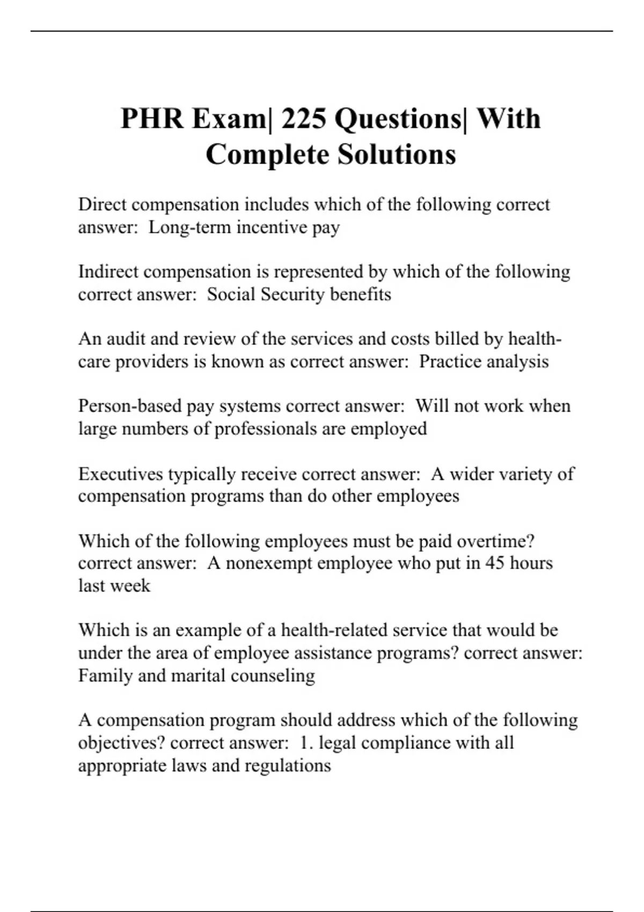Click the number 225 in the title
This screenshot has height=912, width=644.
click(303, 119)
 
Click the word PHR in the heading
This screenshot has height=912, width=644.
click(152, 119)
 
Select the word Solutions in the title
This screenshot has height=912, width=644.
click(397, 155)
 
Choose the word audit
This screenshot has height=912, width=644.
click(126, 339)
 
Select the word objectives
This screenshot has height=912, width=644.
click(121, 743)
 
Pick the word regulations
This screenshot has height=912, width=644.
click(288, 766)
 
